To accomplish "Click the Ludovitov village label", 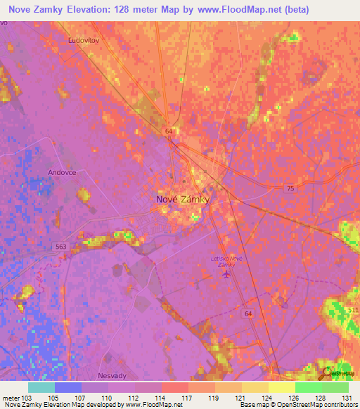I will [82, 41].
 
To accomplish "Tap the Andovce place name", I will [61, 172].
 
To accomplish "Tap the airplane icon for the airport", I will [226, 273].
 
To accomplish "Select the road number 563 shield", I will [61, 246].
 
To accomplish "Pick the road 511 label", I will [352, 310].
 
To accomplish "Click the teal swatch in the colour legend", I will [41, 387].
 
